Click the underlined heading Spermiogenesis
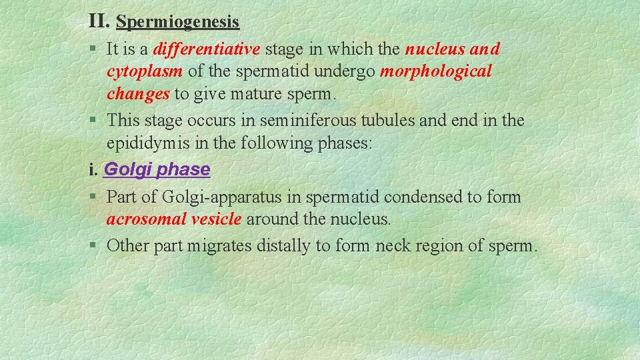point(177,22)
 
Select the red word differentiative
point(207,50)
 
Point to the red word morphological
point(435,72)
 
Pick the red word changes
point(138,94)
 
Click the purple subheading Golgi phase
point(157,169)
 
